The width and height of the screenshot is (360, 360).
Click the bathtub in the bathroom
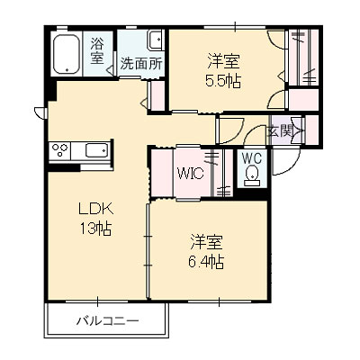click(68, 56)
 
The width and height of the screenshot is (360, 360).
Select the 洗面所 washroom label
click(141, 65)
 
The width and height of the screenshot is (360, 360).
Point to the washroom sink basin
click(154, 40)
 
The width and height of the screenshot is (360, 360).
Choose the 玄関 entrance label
click(279, 131)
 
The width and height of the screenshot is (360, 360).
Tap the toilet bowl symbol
click(253, 173)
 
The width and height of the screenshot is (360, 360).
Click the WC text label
click(252, 154)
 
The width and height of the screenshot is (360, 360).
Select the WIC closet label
click(191, 173)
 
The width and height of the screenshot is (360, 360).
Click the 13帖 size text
click(93, 229)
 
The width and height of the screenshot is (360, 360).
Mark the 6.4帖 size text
click(207, 262)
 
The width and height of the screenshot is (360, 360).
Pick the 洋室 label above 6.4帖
click(206, 241)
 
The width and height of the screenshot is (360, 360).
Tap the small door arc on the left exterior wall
click(39, 112)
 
